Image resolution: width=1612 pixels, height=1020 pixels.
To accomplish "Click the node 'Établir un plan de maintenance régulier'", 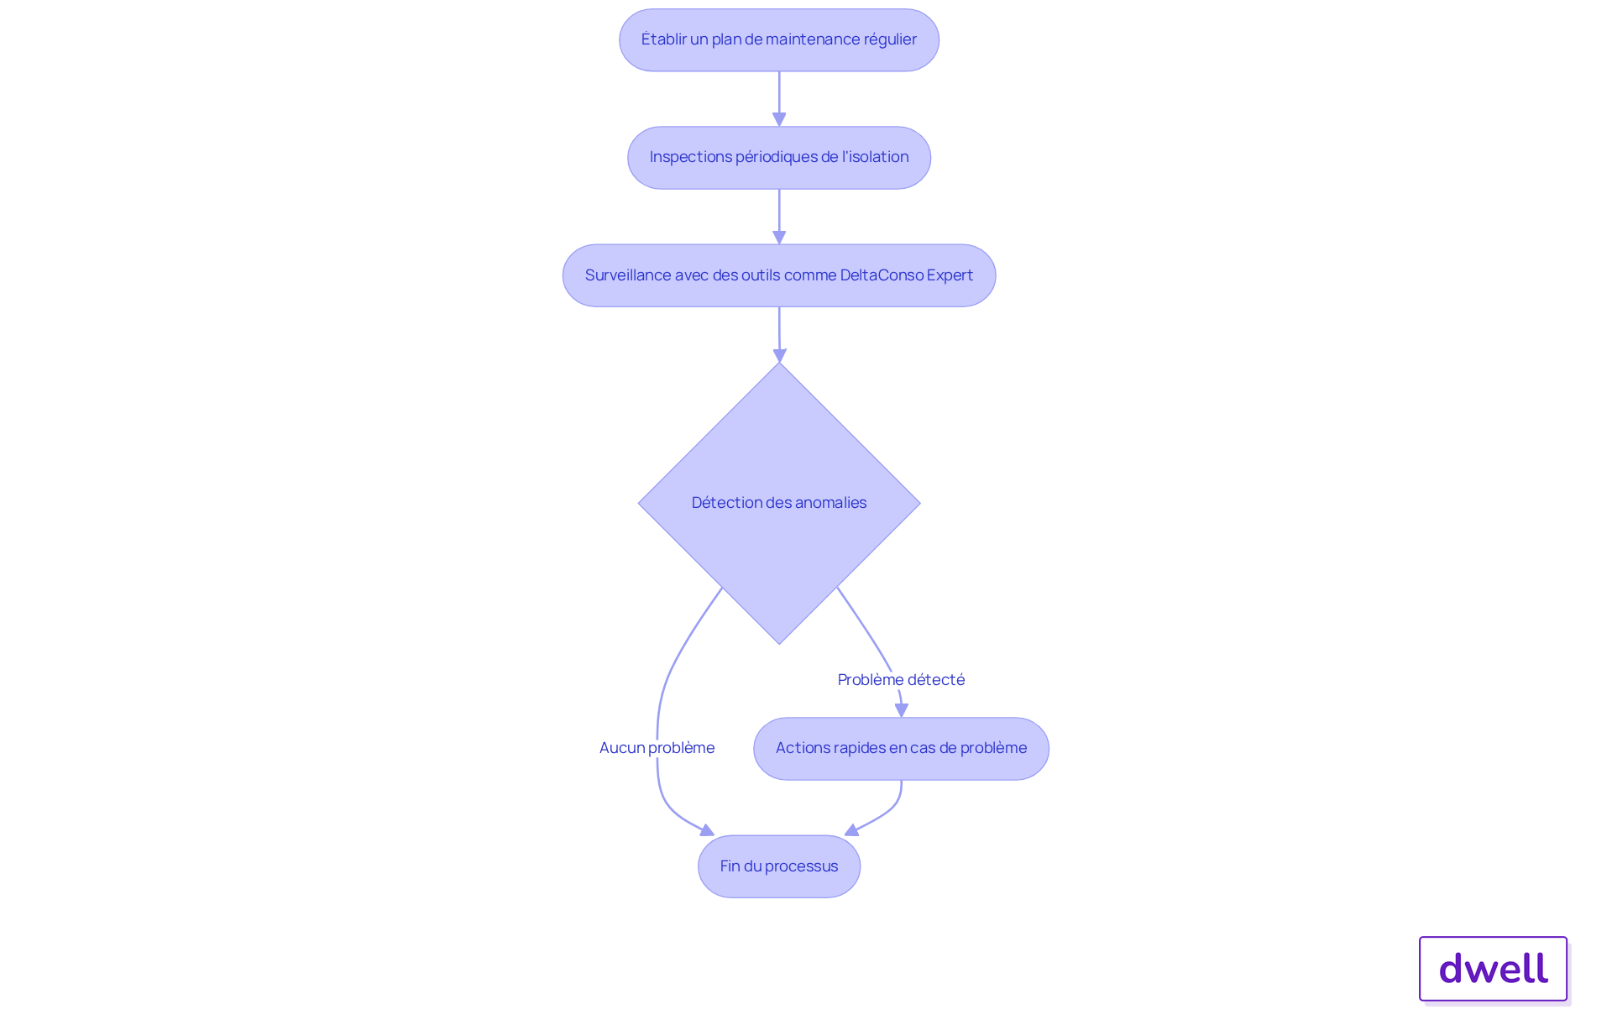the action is [779, 39].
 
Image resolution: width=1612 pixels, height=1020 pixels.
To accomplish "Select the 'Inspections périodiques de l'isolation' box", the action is [779, 158].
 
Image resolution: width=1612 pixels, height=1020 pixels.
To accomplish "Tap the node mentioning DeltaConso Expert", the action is [779, 275].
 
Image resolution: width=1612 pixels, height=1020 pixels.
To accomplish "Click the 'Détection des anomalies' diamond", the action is [779, 503].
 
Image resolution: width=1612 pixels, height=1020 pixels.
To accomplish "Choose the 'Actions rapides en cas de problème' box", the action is [901, 748].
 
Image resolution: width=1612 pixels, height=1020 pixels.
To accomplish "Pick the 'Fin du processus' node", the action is [779, 866].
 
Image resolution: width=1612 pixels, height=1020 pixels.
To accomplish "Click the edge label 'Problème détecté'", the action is [901, 680].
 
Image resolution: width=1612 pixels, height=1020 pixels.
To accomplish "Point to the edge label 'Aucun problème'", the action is [657, 748].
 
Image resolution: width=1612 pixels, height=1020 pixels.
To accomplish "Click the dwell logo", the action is [1493, 969].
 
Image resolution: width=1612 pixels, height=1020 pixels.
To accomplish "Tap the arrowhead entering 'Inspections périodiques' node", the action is [779, 120].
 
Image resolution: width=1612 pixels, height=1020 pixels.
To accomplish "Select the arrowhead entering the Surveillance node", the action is [779, 238].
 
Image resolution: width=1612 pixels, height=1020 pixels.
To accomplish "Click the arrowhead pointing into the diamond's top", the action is [779, 356].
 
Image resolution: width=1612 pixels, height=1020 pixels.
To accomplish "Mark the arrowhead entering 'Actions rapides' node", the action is [902, 710].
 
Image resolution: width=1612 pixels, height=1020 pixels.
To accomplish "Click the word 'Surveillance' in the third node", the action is [628, 275].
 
